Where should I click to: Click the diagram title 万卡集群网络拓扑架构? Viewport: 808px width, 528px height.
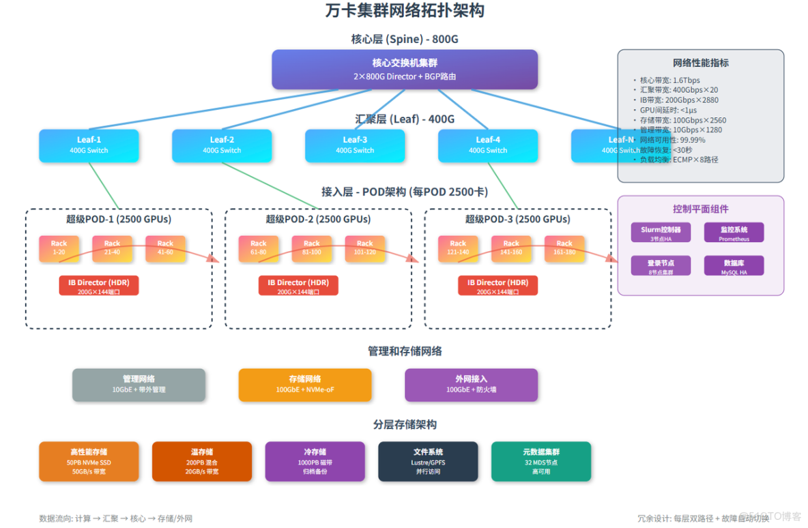click(x=405, y=12)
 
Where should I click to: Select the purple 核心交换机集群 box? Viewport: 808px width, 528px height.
click(x=405, y=70)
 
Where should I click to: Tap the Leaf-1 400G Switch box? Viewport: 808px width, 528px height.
click(x=89, y=145)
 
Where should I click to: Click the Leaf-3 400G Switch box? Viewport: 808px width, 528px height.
click(x=355, y=145)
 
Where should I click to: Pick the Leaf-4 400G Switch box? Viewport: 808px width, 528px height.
click(x=488, y=145)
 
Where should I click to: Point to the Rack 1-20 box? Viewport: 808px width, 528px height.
click(x=59, y=248)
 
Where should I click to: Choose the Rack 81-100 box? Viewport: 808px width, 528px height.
click(x=312, y=248)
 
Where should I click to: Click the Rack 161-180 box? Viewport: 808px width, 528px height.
click(x=564, y=248)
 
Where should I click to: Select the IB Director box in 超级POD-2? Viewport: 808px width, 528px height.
click(x=298, y=286)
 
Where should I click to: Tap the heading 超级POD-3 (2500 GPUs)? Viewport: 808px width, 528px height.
click(x=517, y=219)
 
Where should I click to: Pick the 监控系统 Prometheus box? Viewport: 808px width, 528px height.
click(x=734, y=233)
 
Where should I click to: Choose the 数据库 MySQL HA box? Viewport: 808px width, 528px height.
click(x=734, y=265)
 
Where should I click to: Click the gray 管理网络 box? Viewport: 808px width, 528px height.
click(x=139, y=385)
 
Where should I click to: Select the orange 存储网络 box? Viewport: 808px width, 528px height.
click(x=305, y=385)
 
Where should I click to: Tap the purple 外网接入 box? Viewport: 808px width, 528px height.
click(x=471, y=385)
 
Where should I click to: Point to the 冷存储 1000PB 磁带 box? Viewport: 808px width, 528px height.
click(x=315, y=461)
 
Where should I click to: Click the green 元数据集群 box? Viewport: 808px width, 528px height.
click(x=541, y=461)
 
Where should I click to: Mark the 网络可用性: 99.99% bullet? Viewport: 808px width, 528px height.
click(x=672, y=140)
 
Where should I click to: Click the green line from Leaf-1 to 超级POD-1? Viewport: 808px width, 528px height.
click(x=105, y=186)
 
